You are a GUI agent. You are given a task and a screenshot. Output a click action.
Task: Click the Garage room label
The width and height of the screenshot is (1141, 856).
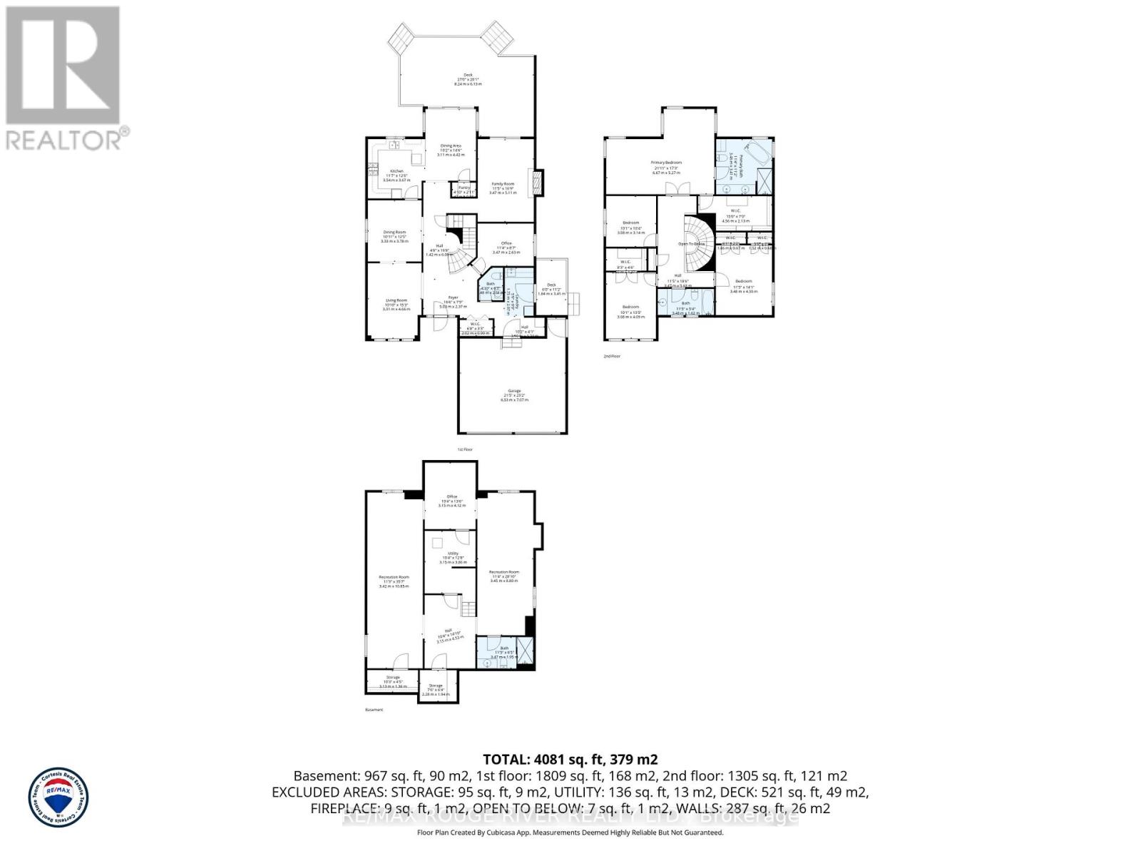[x=514, y=391]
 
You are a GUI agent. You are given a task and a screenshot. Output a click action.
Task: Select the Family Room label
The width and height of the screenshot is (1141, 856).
[x=503, y=184]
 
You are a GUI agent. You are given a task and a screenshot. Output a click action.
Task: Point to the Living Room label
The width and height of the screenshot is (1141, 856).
[x=396, y=300]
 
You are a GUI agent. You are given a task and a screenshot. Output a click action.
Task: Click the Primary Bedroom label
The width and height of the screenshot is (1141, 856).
[x=666, y=163]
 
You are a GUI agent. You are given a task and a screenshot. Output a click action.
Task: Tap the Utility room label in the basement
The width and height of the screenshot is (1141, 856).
[x=453, y=553]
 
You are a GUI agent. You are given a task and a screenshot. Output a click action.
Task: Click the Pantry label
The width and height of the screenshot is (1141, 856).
[x=464, y=187]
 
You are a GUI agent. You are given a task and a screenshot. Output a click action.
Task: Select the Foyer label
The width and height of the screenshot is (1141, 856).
[x=453, y=297]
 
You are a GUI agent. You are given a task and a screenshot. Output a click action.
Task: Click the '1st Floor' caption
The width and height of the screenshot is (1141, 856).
[x=465, y=449]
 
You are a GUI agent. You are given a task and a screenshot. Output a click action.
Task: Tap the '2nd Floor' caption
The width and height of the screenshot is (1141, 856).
[x=612, y=355]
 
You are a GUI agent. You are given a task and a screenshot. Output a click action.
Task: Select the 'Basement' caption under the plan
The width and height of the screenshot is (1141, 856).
[x=374, y=710]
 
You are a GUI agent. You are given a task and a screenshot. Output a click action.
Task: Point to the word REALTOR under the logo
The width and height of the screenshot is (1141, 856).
[x=63, y=140]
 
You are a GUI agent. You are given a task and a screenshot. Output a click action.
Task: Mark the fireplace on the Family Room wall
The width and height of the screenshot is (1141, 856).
[x=538, y=179]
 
